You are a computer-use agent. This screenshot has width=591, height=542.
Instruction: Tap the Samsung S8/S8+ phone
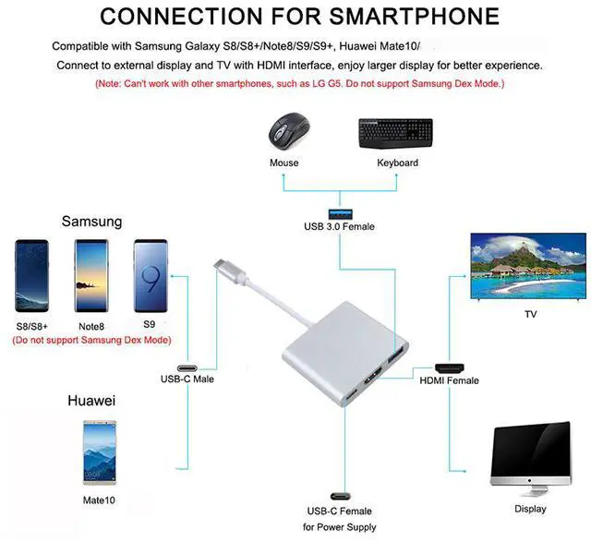32,276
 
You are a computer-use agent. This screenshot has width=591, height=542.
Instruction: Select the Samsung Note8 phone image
91,276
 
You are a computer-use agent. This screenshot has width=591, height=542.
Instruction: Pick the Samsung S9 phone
151,276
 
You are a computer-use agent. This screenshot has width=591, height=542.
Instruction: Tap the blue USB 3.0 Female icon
339,205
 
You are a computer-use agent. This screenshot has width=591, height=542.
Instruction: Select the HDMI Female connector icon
449,367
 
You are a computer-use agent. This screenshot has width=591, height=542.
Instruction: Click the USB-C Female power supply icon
338,495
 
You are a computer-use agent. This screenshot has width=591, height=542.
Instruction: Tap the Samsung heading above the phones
91,222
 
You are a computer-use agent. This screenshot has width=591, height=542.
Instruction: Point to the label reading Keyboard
397,163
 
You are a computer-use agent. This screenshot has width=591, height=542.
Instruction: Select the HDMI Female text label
449,380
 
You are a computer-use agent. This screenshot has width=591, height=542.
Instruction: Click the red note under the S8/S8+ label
91,340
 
